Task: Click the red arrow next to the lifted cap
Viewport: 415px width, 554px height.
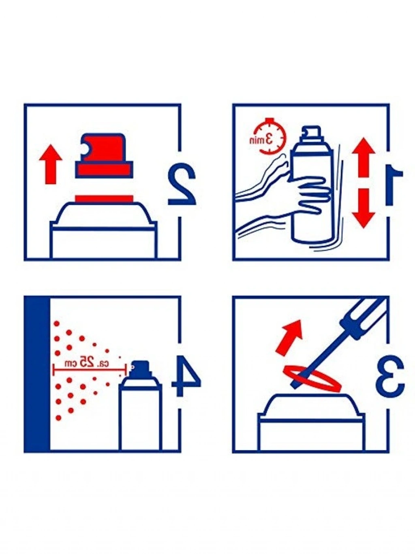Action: [x=51, y=164]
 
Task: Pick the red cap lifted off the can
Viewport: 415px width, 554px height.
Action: [x=104, y=155]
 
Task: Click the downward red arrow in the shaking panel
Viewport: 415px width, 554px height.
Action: [x=364, y=209]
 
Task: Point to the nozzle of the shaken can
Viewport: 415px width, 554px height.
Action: [x=312, y=132]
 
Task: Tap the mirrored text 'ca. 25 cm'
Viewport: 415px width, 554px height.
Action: [x=88, y=363]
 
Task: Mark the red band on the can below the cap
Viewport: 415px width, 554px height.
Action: [x=104, y=198]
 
